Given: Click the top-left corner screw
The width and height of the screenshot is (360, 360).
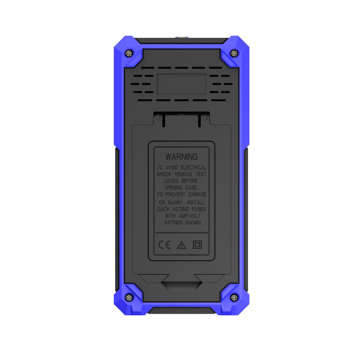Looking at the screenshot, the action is pos(129,53).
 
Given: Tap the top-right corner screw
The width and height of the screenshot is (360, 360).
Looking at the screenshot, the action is pos(234,53).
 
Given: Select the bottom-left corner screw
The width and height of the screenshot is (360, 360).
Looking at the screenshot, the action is pos(129,298).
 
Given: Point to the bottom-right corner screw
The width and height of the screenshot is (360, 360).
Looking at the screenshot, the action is pos(234,298).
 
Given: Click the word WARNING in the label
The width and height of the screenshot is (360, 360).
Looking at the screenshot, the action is pos(181,157).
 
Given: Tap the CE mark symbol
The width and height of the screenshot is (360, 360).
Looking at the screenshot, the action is pos(165,245).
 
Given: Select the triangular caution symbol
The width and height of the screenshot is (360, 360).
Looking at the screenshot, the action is pos(181,245).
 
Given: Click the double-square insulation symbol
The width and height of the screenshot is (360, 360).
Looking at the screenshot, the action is pos(197,245).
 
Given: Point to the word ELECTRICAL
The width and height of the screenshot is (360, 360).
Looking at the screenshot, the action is pos(193,168).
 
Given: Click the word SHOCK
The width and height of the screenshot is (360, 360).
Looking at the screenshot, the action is pos(164,174).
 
